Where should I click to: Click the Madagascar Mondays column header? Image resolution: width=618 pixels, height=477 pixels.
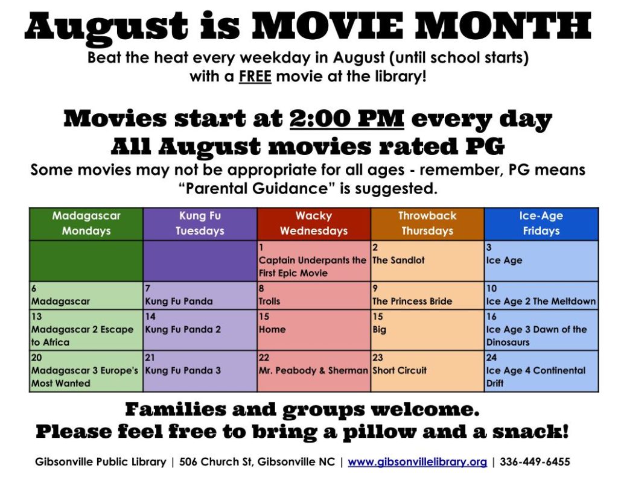[86, 224]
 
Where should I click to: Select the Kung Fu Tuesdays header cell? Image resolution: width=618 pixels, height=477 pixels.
[200, 224]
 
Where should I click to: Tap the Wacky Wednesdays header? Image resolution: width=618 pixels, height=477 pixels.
[314, 224]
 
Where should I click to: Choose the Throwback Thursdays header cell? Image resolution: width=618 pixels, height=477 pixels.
[427, 224]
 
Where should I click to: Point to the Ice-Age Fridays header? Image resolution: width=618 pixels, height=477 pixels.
[541, 224]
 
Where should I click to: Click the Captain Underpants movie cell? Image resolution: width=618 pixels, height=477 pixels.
[314, 261]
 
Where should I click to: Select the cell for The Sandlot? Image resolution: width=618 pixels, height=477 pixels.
[427, 261]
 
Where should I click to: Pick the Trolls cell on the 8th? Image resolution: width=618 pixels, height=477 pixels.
[314, 295]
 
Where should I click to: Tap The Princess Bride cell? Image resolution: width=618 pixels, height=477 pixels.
[427, 295]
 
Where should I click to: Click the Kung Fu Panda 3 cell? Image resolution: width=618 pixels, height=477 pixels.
[200, 371]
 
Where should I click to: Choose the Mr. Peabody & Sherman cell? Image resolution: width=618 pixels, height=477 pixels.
[314, 371]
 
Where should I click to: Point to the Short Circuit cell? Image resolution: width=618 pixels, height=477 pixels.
[427, 371]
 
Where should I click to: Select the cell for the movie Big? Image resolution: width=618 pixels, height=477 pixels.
[427, 330]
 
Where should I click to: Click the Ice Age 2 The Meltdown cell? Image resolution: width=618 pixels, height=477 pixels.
[541, 295]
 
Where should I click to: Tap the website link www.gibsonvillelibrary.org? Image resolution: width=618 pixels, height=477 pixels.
[417, 462]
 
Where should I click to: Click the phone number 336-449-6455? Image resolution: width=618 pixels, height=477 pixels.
[535, 462]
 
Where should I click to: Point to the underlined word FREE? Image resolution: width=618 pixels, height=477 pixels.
[255, 76]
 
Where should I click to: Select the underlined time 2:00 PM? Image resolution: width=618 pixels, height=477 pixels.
[347, 118]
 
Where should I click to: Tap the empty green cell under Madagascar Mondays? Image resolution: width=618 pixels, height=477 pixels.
[86, 261]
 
